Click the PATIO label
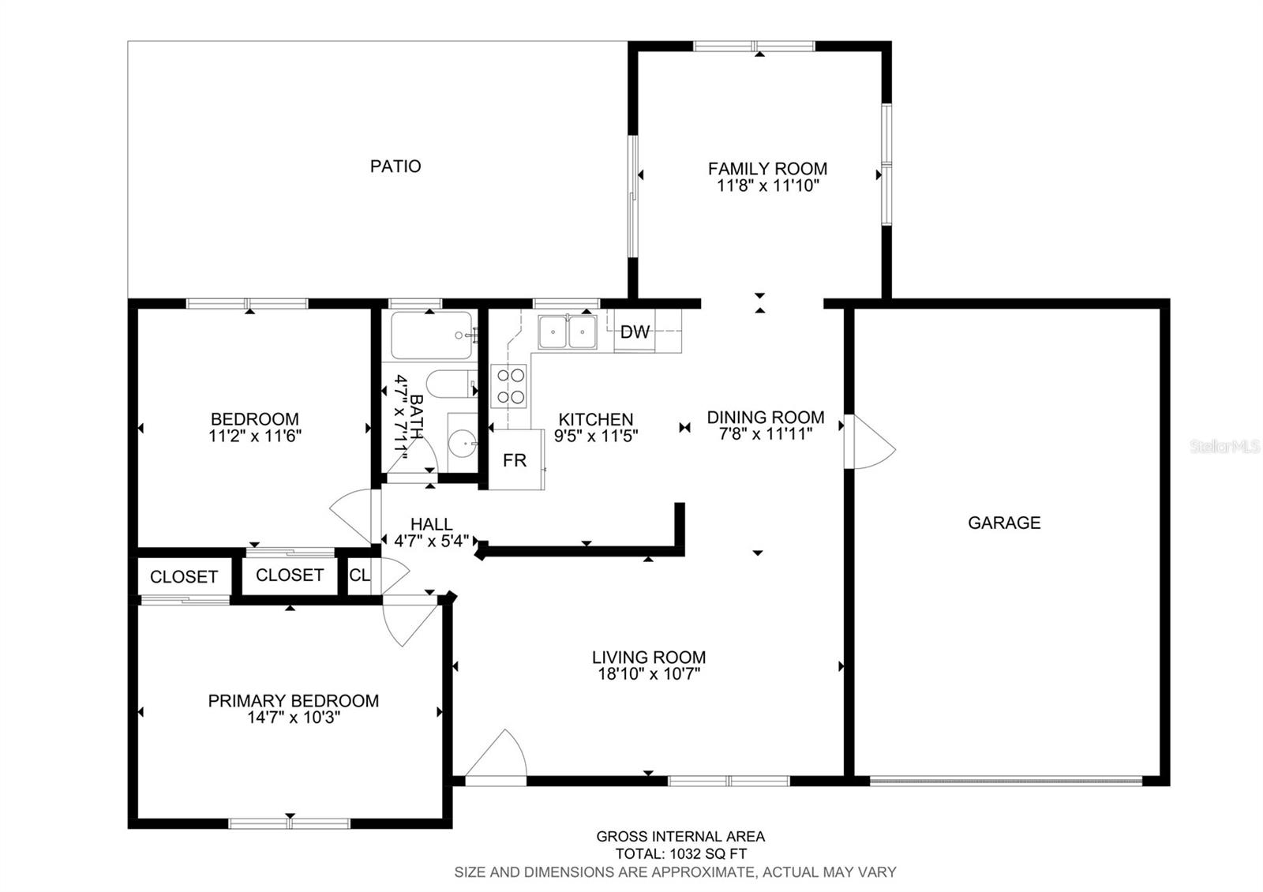[x=395, y=167]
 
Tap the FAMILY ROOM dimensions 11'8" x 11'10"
[x=767, y=186]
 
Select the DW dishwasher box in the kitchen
[x=635, y=332]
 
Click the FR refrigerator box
[x=515, y=460]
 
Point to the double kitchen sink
[x=568, y=332]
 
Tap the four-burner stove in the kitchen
[x=508, y=386]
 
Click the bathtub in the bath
[x=431, y=335]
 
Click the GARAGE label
[x=1004, y=523]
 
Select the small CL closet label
[x=359, y=575]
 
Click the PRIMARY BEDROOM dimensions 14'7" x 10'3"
[x=293, y=718]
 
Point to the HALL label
[x=431, y=524]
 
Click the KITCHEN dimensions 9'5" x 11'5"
[x=596, y=435]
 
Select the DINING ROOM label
[x=765, y=417]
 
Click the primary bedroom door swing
[x=409, y=620]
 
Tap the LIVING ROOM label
[x=649, y=657]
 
